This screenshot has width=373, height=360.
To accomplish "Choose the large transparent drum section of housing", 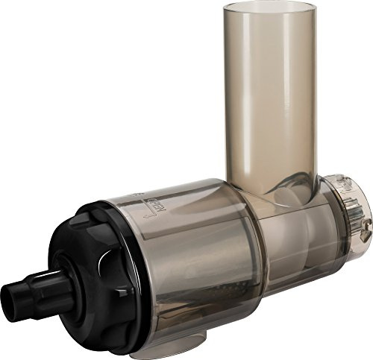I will (x=186, y=261).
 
